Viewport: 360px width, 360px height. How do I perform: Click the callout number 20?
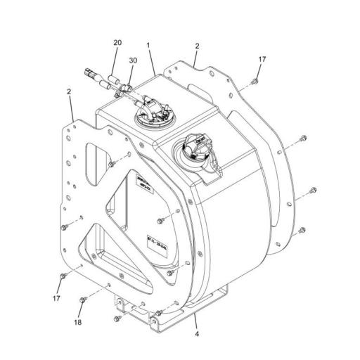(117, 44)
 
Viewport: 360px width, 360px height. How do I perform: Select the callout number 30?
(133, 60)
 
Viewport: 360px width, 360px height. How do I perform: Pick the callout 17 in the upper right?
(262, 60)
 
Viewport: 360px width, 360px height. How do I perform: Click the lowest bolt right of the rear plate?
(302, 230)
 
